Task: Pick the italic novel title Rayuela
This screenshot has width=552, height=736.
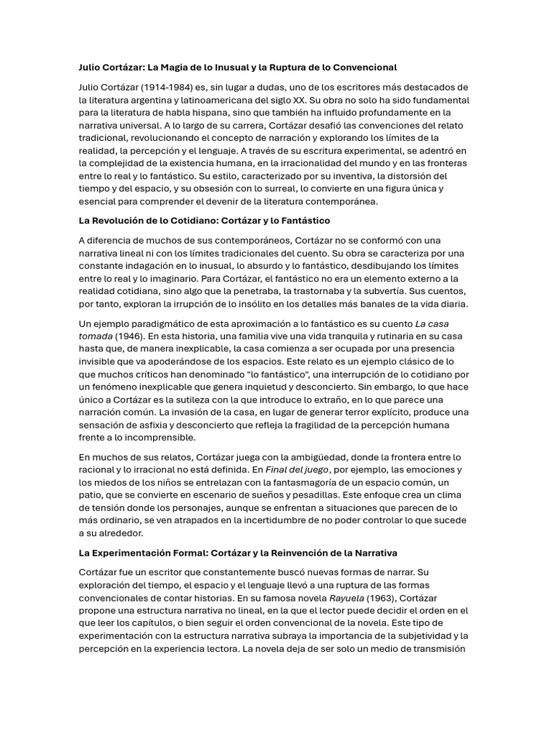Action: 346,598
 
